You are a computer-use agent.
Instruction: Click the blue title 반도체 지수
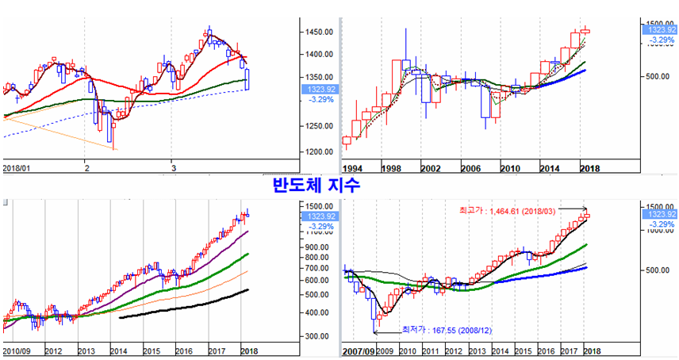point(316,186)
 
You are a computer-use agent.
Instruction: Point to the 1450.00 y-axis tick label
point(318,32)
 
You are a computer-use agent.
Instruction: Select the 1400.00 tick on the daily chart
point(318,54)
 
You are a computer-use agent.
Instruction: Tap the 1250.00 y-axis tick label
point(318,126)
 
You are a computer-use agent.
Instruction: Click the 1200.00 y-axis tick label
point(318,151)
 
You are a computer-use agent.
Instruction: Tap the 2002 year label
point(431,168)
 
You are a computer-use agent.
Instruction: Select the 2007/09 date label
point(359,350)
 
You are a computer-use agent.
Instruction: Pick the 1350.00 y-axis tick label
point(318,78)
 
